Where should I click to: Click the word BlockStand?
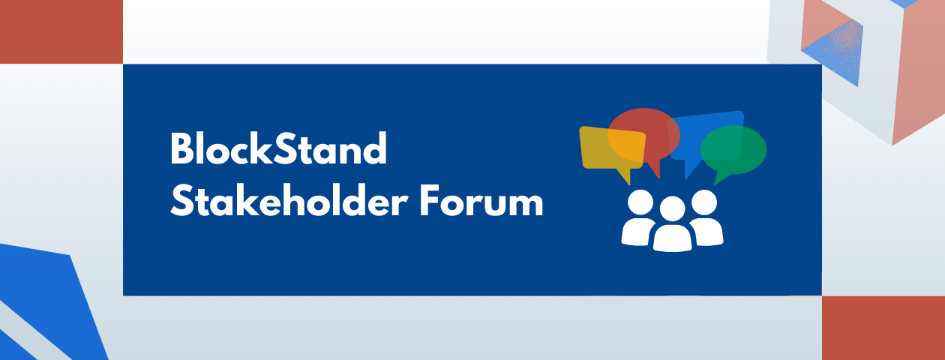(x=278, y=149)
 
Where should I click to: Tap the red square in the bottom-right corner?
(x=883, y=328)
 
